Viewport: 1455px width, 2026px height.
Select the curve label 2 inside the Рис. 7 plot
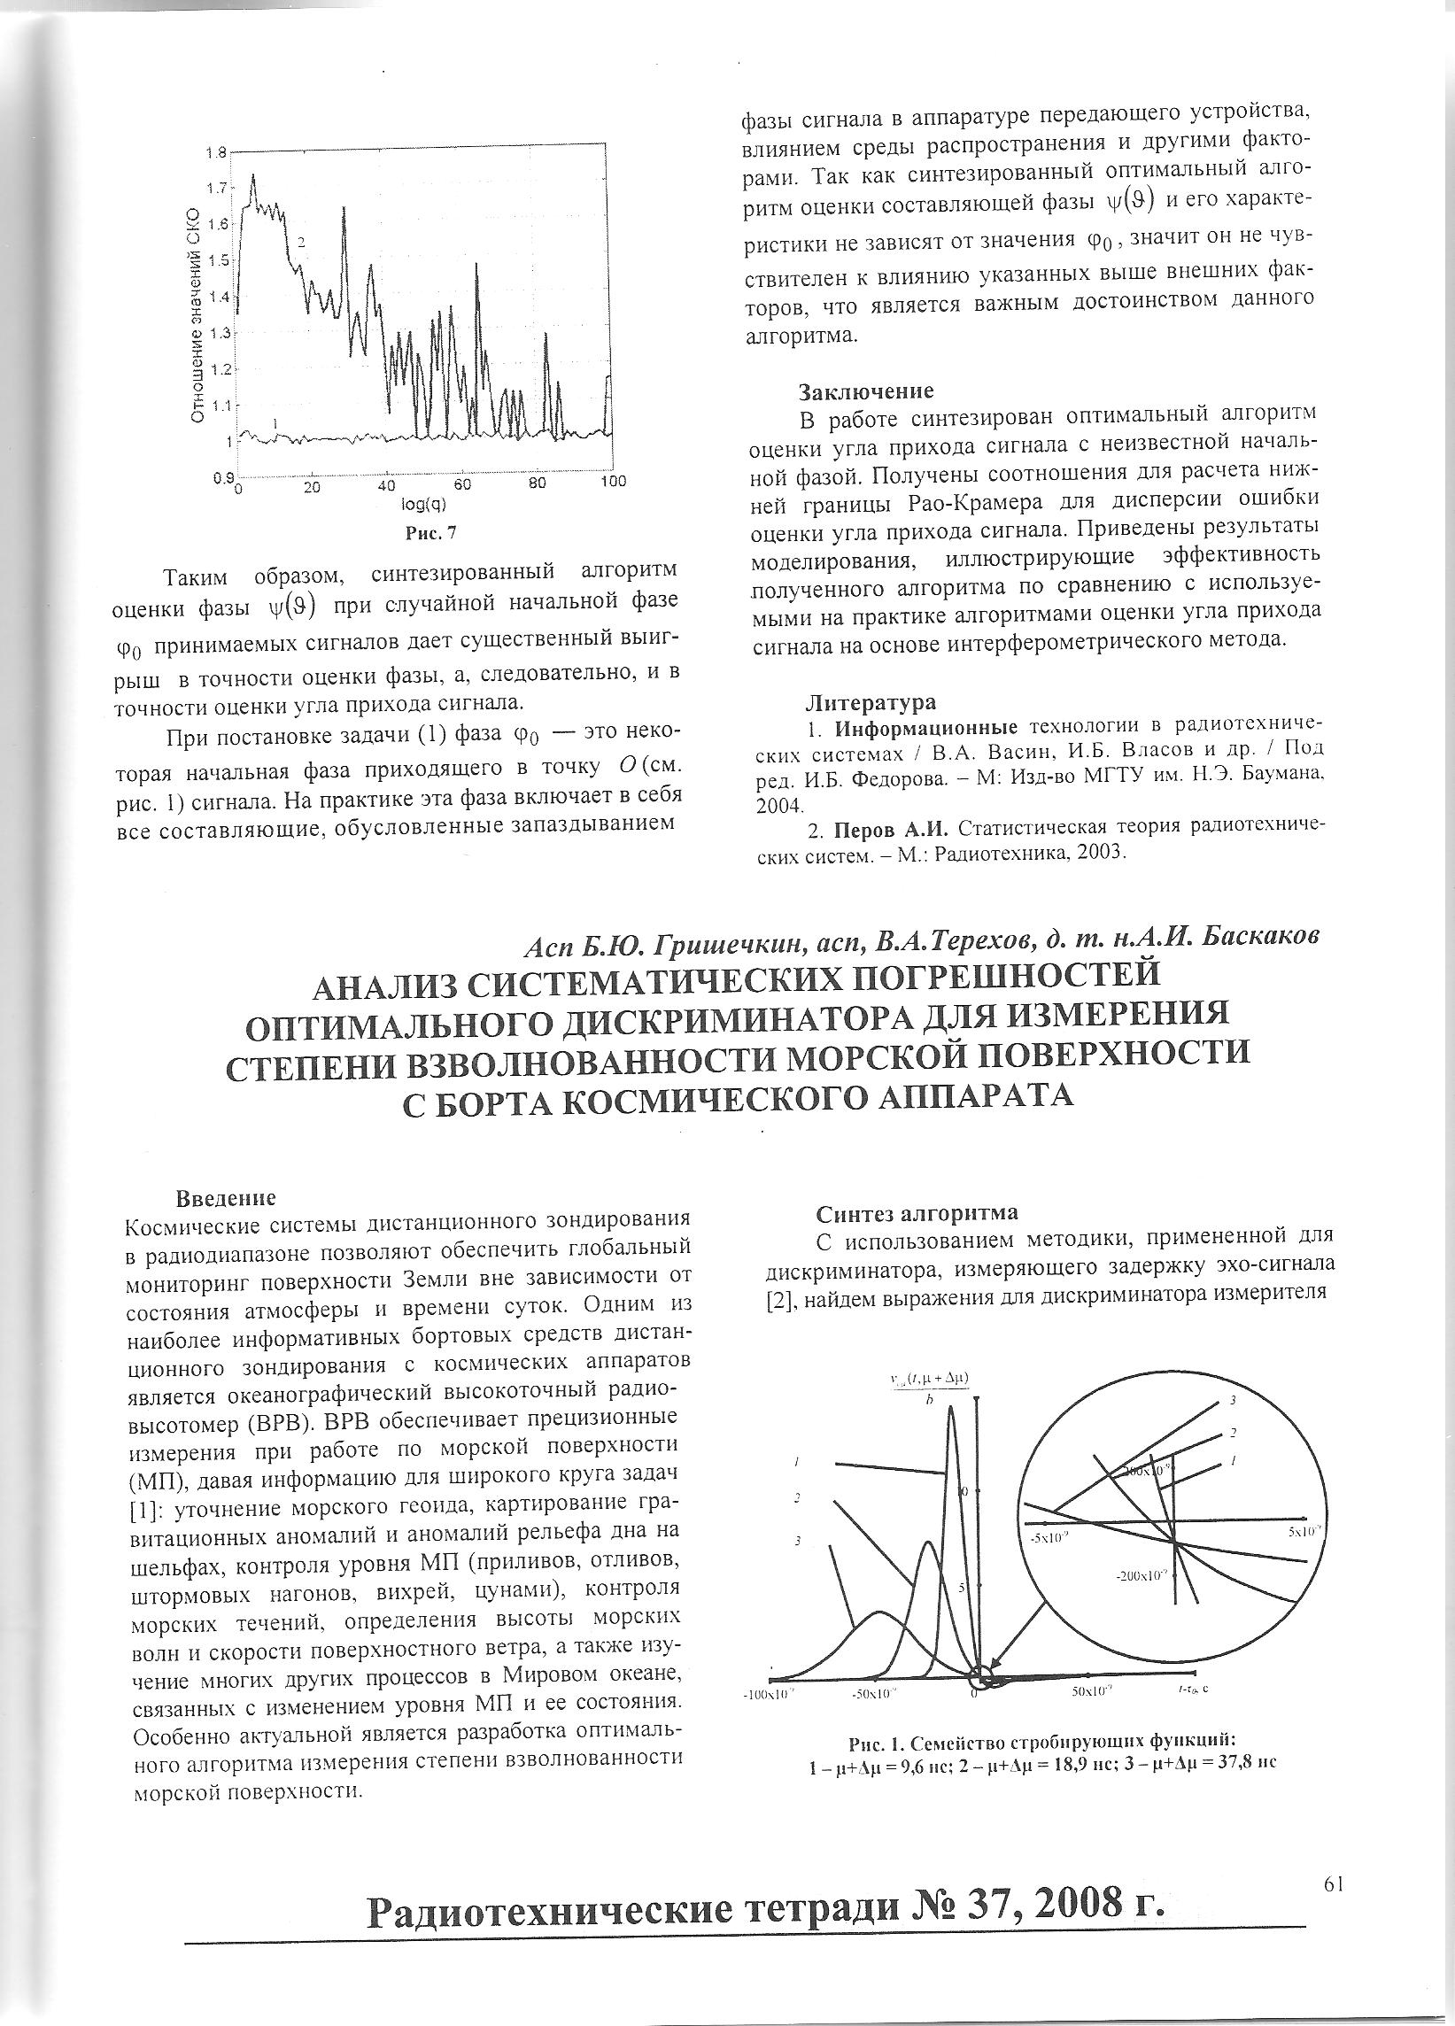[x=302, y=242]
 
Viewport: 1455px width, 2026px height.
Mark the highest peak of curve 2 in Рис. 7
[x=253, y=176]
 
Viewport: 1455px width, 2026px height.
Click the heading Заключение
[x=865, y=391]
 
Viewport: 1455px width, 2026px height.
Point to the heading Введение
[x=225, y=1196]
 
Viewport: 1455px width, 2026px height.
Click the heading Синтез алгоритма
[x=917, y=1212]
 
